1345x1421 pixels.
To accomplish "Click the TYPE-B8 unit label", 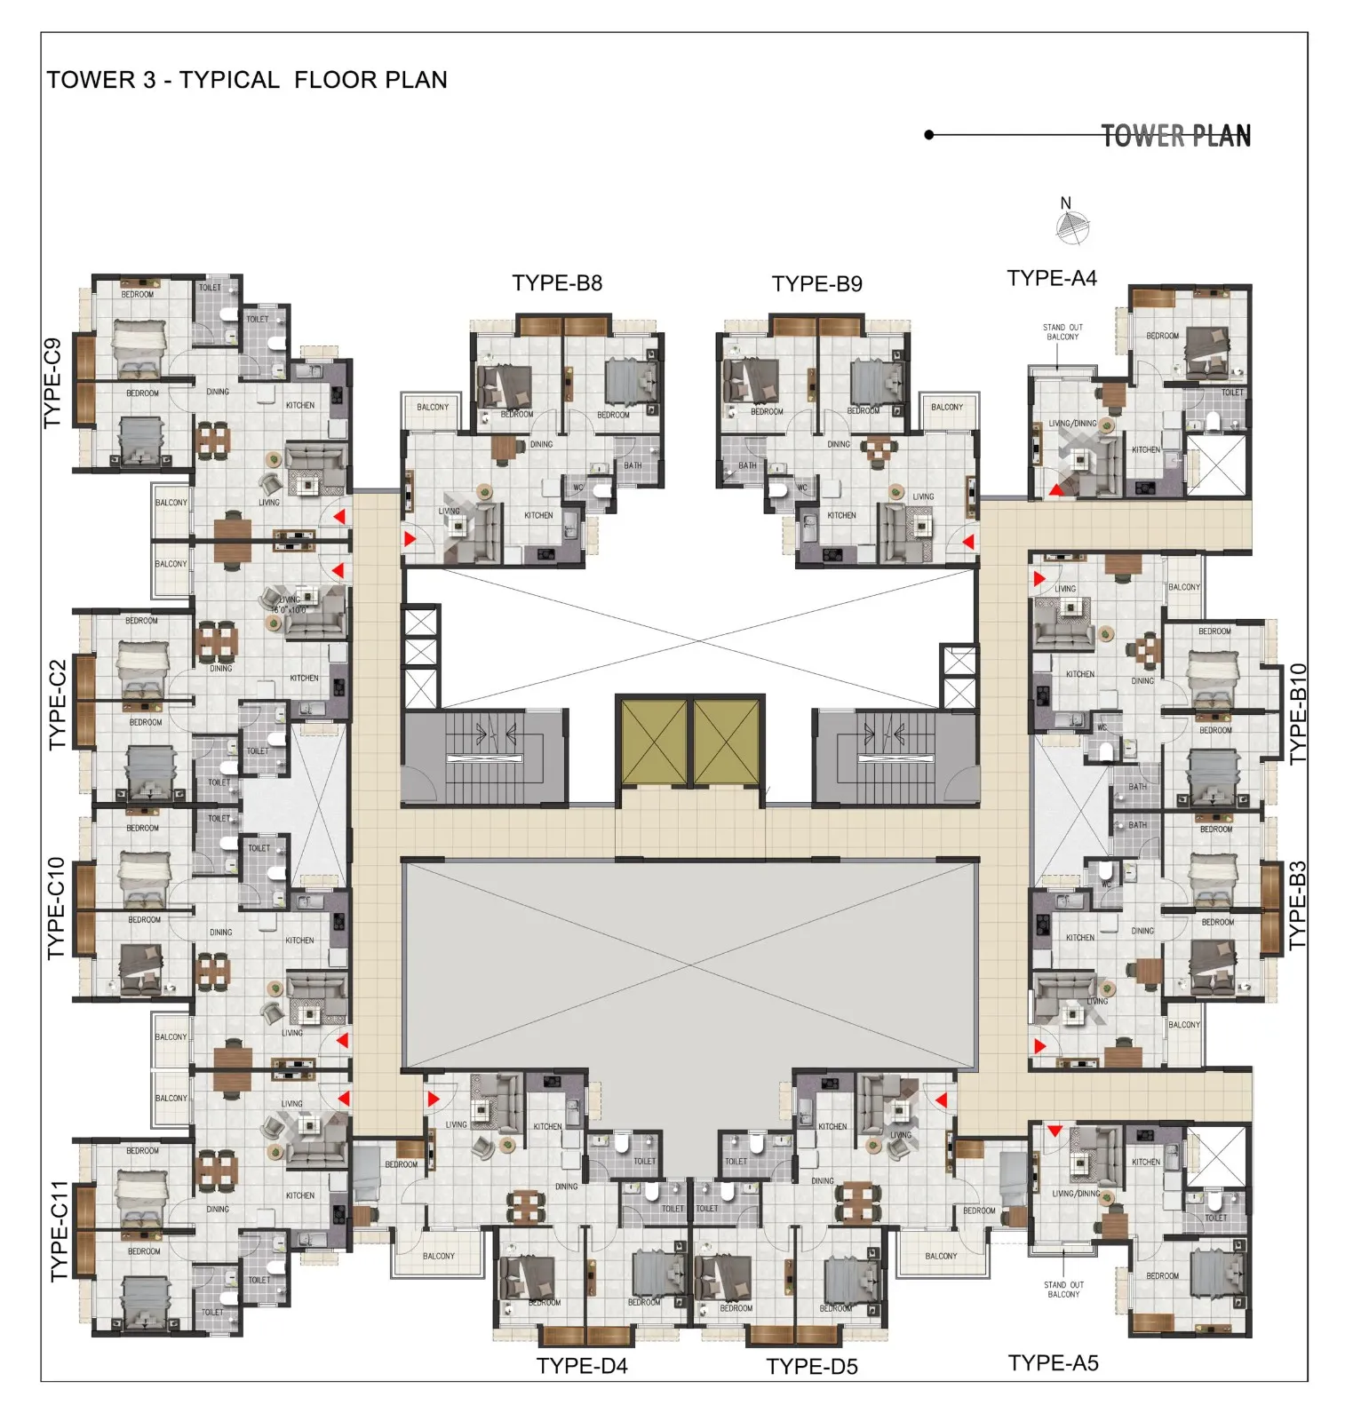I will point(557,283).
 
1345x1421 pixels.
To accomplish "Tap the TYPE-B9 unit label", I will point(816,284).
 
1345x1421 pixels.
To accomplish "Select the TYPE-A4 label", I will point(1052,278).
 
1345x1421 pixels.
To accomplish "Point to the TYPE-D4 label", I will point(582,1365).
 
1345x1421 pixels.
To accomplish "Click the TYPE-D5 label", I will point(812,1366).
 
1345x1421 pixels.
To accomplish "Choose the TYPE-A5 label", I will point(1053,1362).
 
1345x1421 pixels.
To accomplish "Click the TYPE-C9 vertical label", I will point(53,383).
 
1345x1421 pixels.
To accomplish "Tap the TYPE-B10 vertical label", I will point(1298,713).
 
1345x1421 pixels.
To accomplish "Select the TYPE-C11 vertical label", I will point(59,1230).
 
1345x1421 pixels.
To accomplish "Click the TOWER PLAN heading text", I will point(1175,136).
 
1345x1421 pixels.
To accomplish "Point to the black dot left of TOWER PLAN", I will point(929,135).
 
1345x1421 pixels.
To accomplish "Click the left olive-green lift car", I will point(654,742).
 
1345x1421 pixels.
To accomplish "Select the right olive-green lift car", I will point(726,742).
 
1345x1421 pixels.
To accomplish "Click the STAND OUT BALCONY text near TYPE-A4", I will point(1062,332).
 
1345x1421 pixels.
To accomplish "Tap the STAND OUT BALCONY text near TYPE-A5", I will point(1063,1289).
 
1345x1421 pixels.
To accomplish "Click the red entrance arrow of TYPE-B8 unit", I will point(410,538).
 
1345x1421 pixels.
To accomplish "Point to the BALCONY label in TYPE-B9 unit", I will point(947,407).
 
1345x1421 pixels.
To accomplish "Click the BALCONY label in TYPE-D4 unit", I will point(438,1256).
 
